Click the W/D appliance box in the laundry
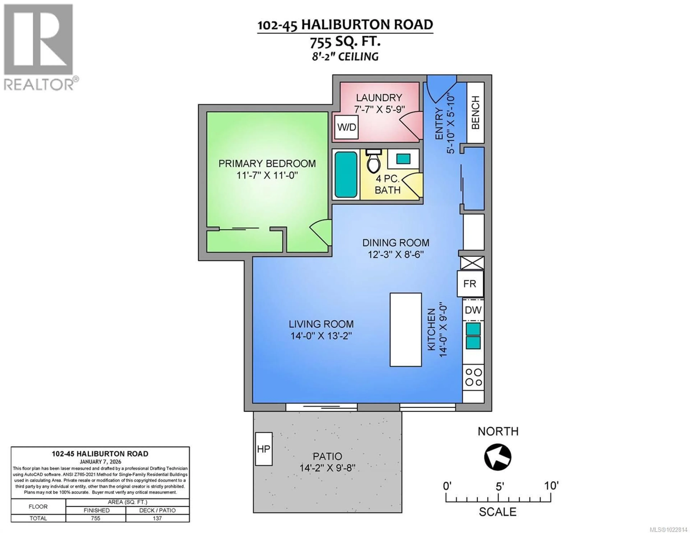347,127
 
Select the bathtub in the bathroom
346,174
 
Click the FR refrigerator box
470,284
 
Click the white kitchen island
406,329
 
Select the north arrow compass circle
498,457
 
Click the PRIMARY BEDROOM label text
267,164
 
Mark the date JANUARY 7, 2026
100,462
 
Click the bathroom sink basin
403,159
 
